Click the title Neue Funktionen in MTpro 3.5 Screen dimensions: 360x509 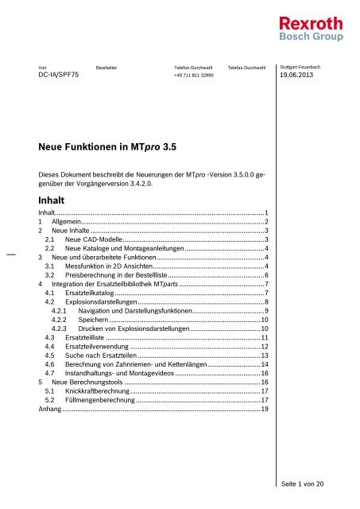pyautogui.click(x=105, y=146)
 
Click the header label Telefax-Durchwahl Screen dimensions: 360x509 pyautogui.click(x=246, y=68)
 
